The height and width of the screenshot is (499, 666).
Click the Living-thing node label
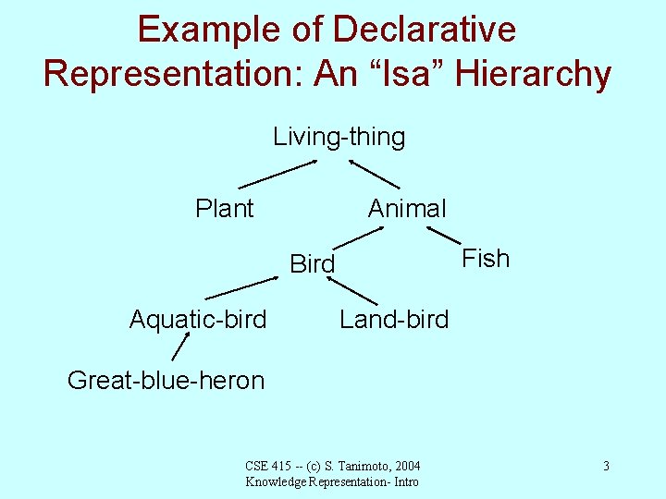click(x=339, y=138)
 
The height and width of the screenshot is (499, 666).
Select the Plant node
click(x=224, y=209)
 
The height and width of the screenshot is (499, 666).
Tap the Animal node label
click(x=406, y=209)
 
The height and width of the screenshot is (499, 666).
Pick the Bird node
click(x=312, y=264)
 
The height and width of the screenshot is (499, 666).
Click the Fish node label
click(x=485, y=259)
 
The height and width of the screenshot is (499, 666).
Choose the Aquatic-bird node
click(x=197, y=320)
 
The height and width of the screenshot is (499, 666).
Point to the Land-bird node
click(x=393, y=320)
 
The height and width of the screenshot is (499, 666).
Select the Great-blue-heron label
click(x=166, y=380)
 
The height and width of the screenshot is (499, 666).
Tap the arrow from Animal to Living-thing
click(x=374, y=174)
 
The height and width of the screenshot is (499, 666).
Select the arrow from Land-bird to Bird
click(x=353, y=290)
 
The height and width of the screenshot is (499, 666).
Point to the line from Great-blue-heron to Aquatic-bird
click(x=179, y=347)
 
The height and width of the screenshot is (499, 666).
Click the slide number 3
click(x=605, y=466)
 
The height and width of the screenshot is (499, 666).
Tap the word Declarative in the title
click(x=424, y=30)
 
